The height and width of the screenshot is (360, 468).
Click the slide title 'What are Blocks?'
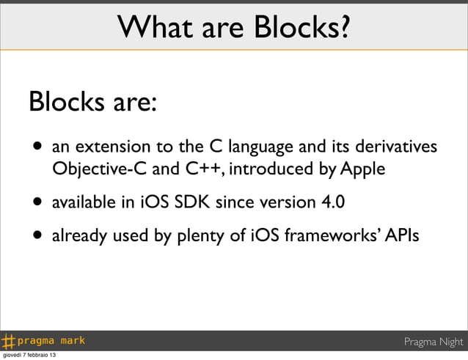click(234, 29)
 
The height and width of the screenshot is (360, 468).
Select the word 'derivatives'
click(396, 148)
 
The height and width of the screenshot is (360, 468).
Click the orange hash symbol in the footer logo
click(9, 341)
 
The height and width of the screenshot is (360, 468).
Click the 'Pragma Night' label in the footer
click(434, 342)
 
